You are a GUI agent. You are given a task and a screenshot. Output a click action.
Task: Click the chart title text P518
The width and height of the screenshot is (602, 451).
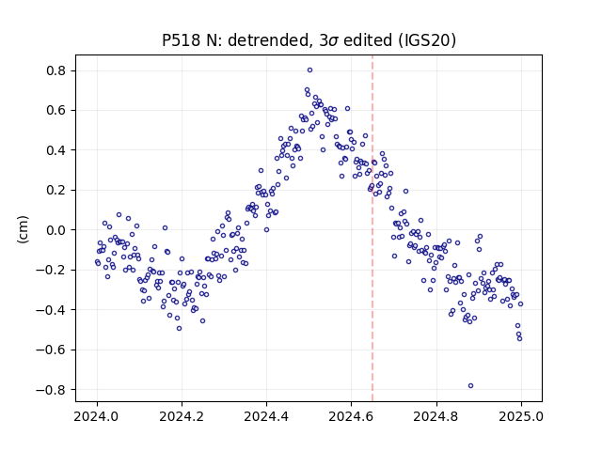pos(182,40)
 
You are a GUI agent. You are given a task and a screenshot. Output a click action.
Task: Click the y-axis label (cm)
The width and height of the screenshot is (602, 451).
pos(23,229)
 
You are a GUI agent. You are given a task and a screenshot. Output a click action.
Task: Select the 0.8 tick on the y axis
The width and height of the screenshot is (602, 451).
pos(55,71)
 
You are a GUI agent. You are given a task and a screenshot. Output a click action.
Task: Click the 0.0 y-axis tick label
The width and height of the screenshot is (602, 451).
pos(55,230)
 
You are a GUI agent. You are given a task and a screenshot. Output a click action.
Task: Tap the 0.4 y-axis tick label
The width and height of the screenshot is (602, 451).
pos(55,150)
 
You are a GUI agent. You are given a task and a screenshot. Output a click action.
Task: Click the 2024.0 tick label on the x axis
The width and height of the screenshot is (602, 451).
pos(97,416)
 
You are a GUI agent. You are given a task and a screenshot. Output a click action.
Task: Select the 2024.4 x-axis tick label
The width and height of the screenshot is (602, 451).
pos(266,416)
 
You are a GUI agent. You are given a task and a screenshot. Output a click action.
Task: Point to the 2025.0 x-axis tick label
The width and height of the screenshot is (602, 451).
pos(521,416)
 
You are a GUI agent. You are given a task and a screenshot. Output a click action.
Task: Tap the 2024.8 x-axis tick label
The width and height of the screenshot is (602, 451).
pos(436,416)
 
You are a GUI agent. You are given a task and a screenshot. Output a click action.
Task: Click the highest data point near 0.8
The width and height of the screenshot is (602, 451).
pos(309,70)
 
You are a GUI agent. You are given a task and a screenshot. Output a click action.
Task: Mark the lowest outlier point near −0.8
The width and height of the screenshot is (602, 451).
pos(470,386)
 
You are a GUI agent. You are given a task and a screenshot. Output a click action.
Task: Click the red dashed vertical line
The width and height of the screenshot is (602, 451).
pos(372,228)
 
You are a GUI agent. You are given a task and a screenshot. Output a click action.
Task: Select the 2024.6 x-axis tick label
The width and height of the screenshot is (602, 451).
pos(351,416)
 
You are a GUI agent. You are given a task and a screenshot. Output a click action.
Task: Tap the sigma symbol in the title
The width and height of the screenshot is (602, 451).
pos(333,41)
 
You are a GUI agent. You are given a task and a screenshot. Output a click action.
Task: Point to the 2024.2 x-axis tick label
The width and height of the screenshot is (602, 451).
pos(182,416)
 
